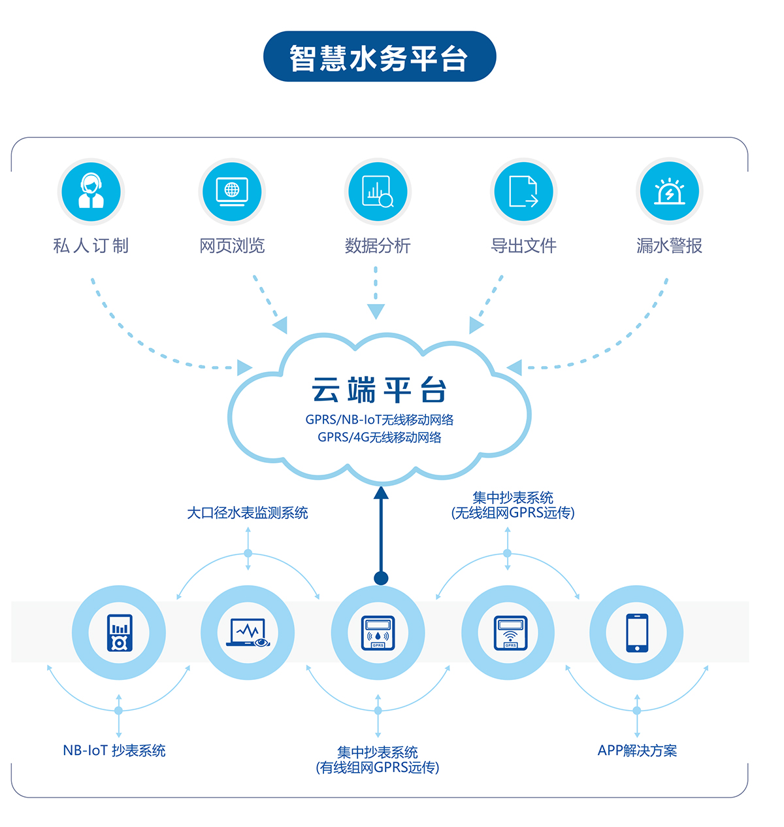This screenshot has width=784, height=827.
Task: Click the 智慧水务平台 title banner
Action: coord(379,57)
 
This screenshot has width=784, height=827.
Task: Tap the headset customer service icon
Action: coord(91,192)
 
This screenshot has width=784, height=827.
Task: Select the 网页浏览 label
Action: coord(232,246)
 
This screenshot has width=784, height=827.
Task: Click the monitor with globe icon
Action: coord(232,192)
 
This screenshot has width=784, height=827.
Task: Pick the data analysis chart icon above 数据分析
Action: coord(378,192)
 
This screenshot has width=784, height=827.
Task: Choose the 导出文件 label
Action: coord(523,246)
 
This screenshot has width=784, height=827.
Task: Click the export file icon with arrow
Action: coord(523,192)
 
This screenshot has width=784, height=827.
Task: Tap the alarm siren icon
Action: coord(669,192)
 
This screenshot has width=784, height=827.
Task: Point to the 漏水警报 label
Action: coord(669,246)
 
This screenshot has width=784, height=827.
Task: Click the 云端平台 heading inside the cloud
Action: coord(379,390)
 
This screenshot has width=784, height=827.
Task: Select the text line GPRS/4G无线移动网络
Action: coord(379,437)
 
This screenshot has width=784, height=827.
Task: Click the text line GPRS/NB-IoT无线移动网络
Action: coord(379,420)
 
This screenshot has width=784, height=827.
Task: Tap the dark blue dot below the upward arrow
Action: coord(381,578)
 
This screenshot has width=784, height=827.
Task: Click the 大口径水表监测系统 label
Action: coord(247,513)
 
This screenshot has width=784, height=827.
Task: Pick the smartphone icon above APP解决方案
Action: coord(636,632)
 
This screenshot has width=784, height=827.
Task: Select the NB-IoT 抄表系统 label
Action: coord(114,751)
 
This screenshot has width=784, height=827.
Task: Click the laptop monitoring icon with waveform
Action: coord(248,632)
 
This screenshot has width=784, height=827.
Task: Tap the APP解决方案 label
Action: coord(637,751)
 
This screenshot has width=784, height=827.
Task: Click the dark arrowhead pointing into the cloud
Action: coord(381,492)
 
